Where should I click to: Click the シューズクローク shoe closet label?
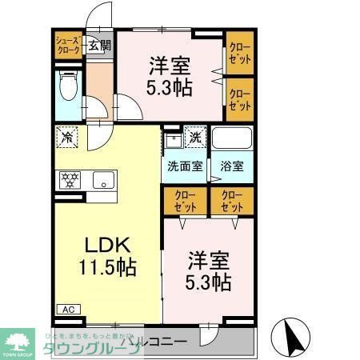tap(67, 45)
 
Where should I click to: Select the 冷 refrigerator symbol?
tap(67, 138)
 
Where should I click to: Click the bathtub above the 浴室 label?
tap(232, 140)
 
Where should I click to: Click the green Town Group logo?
tap(17, 341)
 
